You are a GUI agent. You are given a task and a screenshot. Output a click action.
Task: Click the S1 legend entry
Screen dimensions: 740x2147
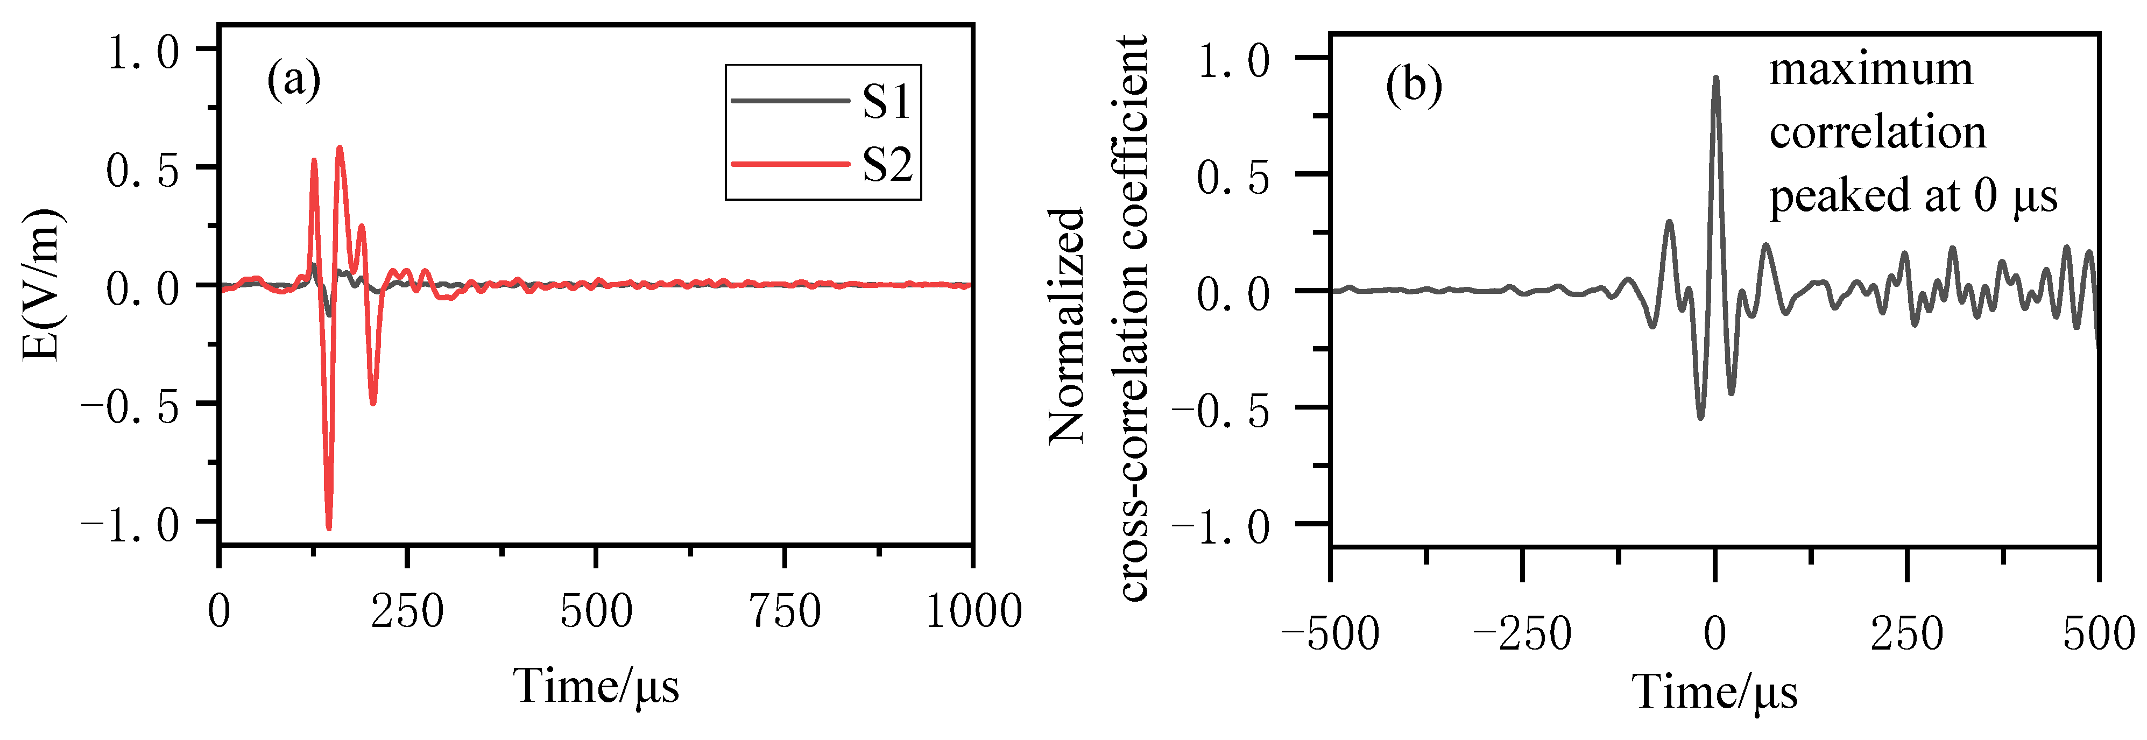885,102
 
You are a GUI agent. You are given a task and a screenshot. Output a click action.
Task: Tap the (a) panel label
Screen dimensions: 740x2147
293,81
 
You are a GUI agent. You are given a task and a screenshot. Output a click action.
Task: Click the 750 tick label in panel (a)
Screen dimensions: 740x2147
785,612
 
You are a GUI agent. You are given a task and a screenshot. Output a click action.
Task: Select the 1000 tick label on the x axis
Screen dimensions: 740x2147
973,612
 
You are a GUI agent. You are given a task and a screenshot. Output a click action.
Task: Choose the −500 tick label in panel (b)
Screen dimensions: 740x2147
1330,634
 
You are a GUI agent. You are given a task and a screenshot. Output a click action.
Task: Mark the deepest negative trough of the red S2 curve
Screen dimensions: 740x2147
329,527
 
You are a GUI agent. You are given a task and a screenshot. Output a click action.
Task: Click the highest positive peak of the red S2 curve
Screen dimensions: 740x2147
339,149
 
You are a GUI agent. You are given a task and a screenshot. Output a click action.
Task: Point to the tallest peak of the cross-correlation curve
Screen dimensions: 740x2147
1715,79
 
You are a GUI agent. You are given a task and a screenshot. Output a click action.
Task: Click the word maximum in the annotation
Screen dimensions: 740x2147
1871,69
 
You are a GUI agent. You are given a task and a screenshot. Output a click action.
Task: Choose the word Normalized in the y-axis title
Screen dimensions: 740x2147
1067,325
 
